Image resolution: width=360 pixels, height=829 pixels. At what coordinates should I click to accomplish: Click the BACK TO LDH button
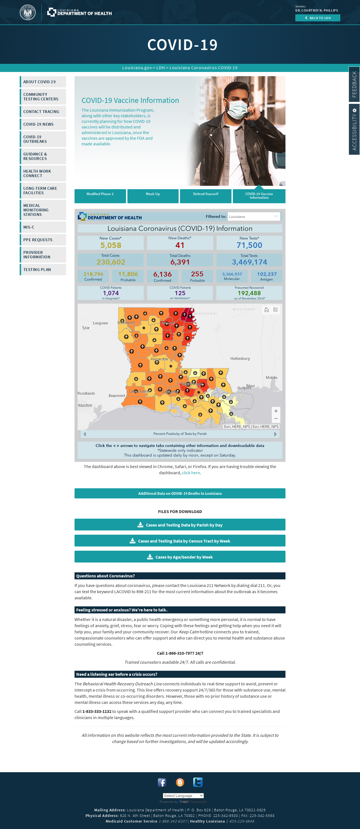pos(318,18)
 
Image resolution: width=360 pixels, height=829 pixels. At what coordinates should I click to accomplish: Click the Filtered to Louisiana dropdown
pos(254,216)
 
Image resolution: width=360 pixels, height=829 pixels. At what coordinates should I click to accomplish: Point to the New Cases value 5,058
pos(111,245)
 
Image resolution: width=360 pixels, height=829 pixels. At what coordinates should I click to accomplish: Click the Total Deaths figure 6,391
pos(180,262)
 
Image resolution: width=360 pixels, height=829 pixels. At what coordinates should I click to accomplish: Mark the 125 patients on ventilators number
pos(180,293)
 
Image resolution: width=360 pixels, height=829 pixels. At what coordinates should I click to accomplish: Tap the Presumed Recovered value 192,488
pos(249,293)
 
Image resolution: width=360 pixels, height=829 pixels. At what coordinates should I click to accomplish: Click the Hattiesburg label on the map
pos(240,358)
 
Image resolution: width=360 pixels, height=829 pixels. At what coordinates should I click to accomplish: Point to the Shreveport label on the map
pos(126,323)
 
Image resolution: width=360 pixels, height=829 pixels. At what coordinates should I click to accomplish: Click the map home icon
pos(267,310)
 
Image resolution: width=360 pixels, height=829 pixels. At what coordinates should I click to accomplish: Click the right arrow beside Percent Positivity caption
pos(275,434)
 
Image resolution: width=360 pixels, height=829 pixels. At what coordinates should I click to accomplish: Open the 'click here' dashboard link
pos(191,473)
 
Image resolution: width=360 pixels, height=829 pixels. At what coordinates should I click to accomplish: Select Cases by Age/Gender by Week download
pos(180,557)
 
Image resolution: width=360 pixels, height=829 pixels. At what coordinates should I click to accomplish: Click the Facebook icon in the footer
pos(162,782)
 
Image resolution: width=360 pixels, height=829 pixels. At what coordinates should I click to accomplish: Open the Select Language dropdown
pos(183,796)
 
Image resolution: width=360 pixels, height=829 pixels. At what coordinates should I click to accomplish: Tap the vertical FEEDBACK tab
pos(354,84)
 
